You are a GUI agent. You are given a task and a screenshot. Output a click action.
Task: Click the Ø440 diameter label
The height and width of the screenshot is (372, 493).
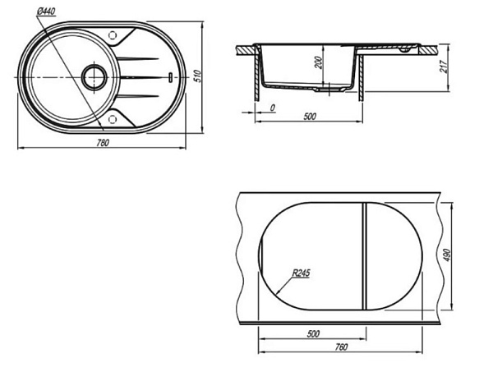[x=45, y=11]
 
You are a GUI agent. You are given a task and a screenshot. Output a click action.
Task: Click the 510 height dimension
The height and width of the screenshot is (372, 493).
[x=197, y=76]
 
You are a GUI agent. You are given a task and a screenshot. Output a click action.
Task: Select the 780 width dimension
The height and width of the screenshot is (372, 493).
[x=103, y=143]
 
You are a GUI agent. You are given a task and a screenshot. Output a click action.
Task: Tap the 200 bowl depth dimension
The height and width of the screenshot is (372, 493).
[x=319, y=62]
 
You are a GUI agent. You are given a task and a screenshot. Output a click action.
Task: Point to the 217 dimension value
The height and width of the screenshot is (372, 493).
[x=444, y=67]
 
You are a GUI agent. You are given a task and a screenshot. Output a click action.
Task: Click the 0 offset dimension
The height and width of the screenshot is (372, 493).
[x=273, y=108]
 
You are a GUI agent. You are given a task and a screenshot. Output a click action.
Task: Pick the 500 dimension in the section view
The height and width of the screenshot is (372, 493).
[x=310, y=117]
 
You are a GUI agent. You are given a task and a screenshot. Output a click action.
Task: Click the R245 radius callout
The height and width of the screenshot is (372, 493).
[x=301, y=273]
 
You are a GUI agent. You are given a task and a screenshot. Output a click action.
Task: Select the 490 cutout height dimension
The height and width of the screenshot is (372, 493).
[x=448, y=255]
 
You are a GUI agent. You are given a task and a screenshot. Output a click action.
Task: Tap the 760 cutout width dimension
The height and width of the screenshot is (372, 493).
[x=341, y=347]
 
